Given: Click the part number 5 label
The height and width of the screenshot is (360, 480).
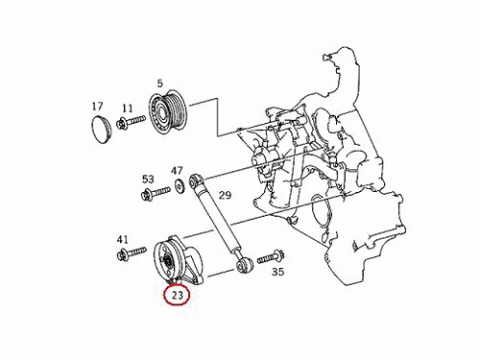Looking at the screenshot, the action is pos(160,84).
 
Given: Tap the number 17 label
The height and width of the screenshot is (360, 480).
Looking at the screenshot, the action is pos(98,106).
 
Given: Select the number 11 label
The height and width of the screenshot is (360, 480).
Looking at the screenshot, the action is pos(128,108).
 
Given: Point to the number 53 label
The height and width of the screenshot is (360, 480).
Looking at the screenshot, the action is pos(148,179).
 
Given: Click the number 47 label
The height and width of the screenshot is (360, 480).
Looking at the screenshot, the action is pos(177,171).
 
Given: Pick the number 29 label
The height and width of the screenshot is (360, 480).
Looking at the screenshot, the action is pos(225,195).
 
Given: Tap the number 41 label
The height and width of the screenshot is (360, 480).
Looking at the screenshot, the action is pos(122,239).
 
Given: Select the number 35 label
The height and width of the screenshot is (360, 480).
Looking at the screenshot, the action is pos(277,272).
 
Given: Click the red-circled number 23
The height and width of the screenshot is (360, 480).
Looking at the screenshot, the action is pos(177,295).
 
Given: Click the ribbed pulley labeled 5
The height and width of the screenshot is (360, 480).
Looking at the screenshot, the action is pos(168,113).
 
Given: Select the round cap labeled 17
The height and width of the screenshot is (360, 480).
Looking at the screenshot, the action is pos(101,129).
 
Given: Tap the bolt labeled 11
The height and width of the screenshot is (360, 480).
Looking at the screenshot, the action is pos(131,122).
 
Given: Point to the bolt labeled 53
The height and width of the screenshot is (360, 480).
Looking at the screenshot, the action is pos(156,193).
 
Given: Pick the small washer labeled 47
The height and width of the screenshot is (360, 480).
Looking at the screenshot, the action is pos(179,186).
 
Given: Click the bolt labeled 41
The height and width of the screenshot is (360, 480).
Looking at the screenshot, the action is pos(132,253).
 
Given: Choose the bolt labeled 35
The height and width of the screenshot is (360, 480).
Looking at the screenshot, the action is pos(271,257).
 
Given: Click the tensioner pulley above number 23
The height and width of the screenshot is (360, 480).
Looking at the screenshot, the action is pos(168,261).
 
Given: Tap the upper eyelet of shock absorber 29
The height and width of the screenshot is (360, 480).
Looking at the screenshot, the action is pos(195,180).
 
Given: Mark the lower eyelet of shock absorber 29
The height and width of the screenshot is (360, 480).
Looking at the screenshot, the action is pos(245,264).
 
